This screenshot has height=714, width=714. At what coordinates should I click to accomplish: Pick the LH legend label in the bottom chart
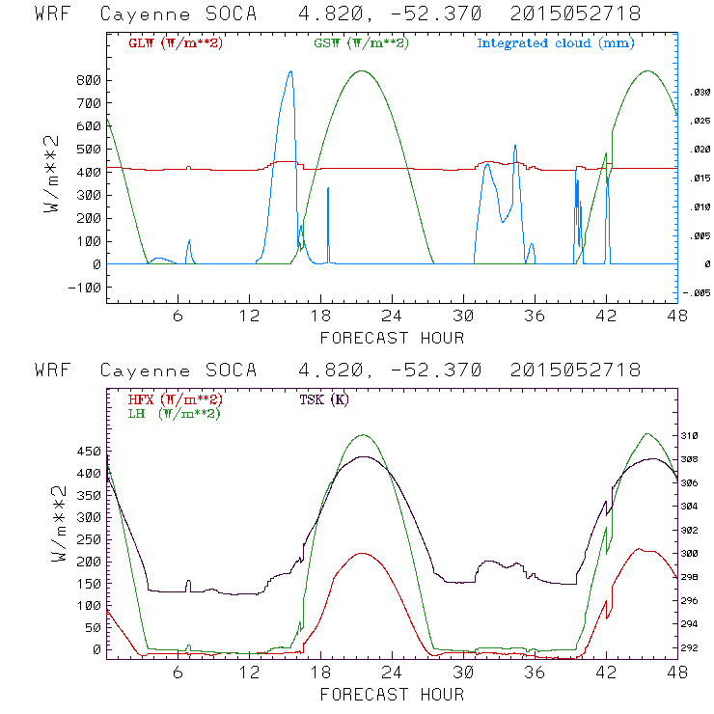[x=174, y=413]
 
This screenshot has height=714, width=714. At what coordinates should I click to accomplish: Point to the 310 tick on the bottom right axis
[x=699, y=436]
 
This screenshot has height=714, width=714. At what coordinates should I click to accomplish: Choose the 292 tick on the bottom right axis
[x=699, y=648]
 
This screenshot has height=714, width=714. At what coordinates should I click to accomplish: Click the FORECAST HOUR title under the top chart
[x=391, y=338]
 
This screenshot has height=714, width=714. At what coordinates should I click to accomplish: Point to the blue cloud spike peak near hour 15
[x=289, y=71]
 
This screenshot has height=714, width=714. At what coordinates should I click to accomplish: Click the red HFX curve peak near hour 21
[x=362, y=554]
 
